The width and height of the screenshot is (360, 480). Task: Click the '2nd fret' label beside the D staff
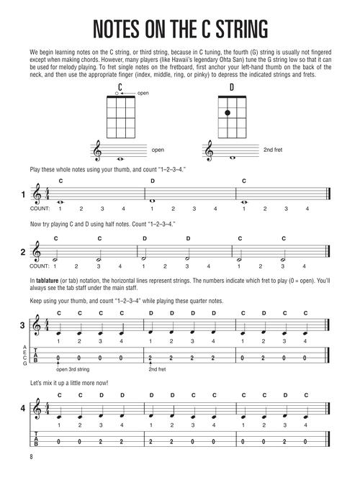pyautogui.click(x=253, y=150)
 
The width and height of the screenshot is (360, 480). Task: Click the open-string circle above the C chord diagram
pyautogui.click(x=121, y=94)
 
